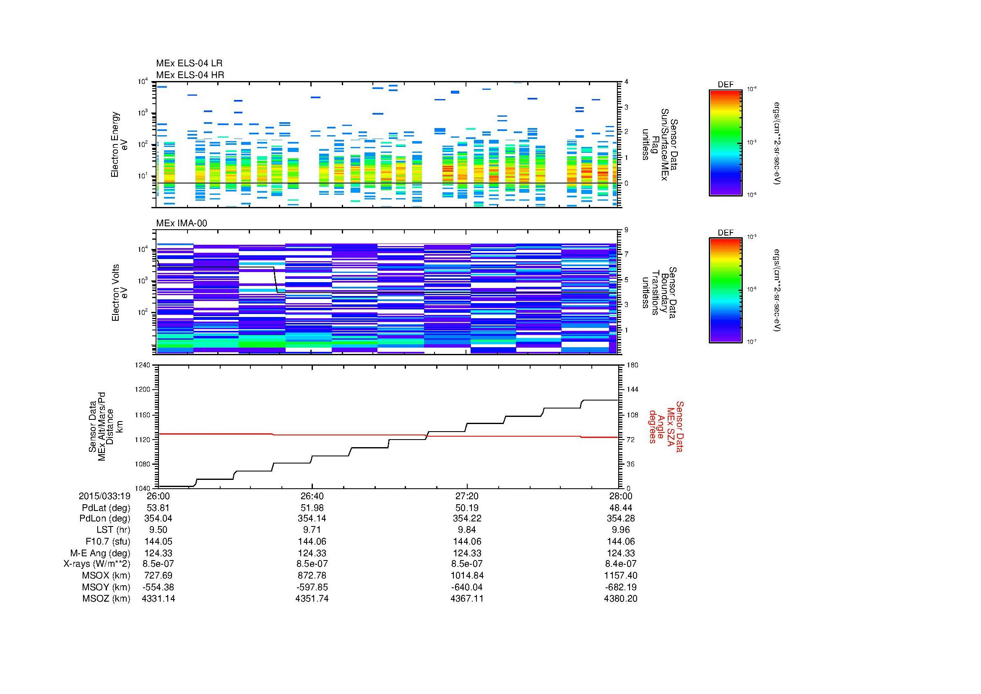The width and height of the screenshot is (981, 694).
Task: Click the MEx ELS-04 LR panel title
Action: pos(189,63)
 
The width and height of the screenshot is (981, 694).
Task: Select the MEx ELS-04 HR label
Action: pos(190,75)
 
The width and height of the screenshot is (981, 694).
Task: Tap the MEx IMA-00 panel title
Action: pos(182,223)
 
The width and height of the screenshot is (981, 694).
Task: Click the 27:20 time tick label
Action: pos(467,496)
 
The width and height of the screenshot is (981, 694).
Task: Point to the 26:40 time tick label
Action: pos(312,496)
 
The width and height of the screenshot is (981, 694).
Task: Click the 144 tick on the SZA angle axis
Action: pos(632,390)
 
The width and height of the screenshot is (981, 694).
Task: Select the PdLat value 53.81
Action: pos(158,508)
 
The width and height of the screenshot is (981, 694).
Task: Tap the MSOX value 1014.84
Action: pos(466,576)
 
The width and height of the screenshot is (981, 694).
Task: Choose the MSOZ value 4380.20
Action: pos(620,599)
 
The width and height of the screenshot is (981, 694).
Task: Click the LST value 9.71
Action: pos(312,530)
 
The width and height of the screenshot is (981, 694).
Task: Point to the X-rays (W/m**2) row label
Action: pos(96,564)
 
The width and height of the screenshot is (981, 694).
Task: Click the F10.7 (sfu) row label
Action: pos(108,542)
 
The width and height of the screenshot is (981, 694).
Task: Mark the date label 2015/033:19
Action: pos(104,496)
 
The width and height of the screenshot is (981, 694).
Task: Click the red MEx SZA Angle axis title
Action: pos(666,426)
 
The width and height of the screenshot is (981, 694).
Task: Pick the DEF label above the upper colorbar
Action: pos(725,85)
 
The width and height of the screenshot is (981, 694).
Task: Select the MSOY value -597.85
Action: pos(312,587)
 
